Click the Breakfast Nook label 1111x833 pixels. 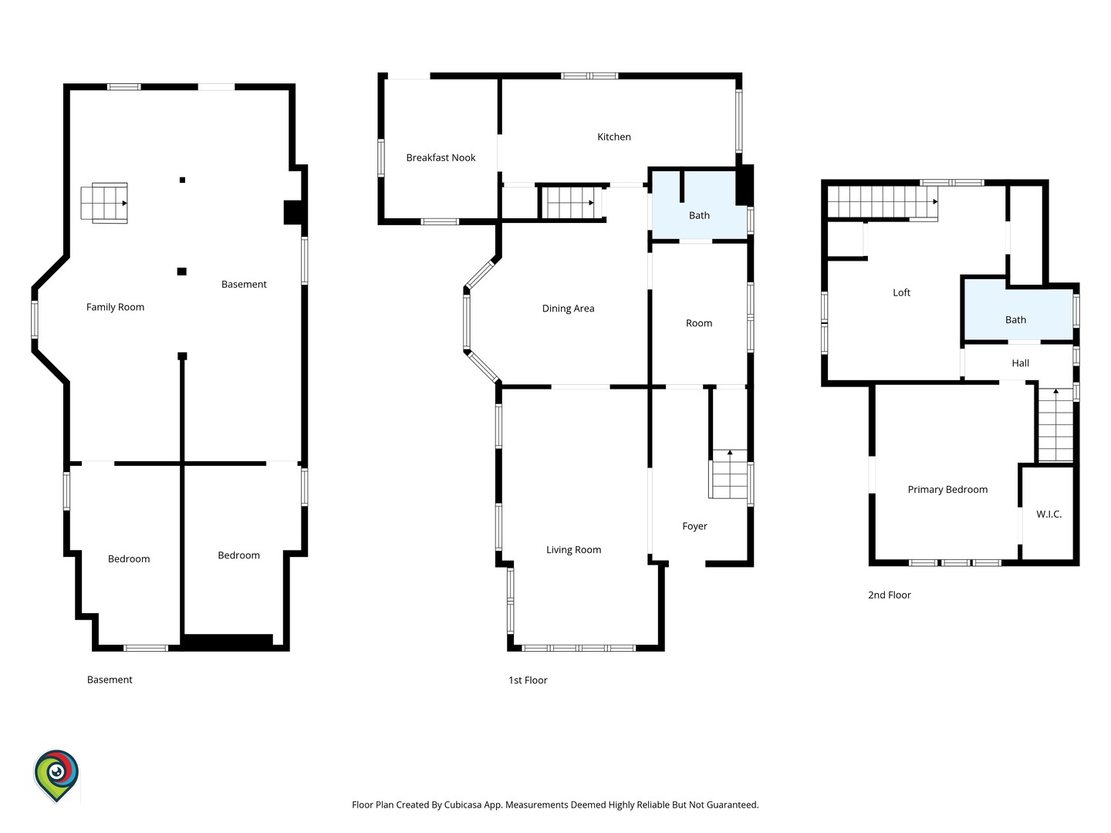(441, 158)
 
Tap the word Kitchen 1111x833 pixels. (613, 137)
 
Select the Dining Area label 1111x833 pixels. (568, 309)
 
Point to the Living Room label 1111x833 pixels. (573, 550)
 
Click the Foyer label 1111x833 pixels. (694, 527)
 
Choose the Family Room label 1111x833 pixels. (115, 307)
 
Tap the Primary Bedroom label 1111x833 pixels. (947, 490)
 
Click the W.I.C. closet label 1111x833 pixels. (1049, 514)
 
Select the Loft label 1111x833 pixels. (901, 293)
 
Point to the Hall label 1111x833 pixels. (1021, 363)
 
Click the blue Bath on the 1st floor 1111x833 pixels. (699, 205)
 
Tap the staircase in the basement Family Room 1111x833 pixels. (103, 203)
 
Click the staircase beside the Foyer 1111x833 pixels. (729, 474)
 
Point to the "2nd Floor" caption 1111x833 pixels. (890, 595)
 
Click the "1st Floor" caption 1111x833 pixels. (528, 680)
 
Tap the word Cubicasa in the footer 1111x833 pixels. (463, 804)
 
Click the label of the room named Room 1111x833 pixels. (699, 323)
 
